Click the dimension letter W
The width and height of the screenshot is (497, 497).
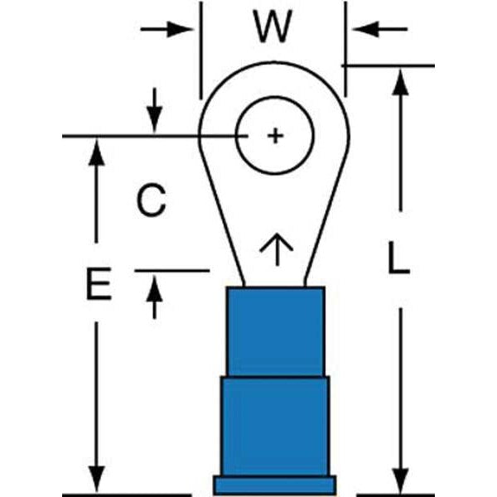[273, 27]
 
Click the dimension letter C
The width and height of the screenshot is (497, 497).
[151, 200]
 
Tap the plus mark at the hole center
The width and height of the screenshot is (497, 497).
[275, 135]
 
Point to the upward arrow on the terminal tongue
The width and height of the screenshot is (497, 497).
[275, 248]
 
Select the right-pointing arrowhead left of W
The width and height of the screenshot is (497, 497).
[185, 29]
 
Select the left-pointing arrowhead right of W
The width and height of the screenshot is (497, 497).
[362, 29]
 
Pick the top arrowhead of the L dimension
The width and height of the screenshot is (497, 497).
[400, 79]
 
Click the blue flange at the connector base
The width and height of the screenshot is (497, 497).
[274, 484]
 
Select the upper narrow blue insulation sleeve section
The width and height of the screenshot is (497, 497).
[274, 331]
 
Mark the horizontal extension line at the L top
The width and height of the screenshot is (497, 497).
[389, 65]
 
